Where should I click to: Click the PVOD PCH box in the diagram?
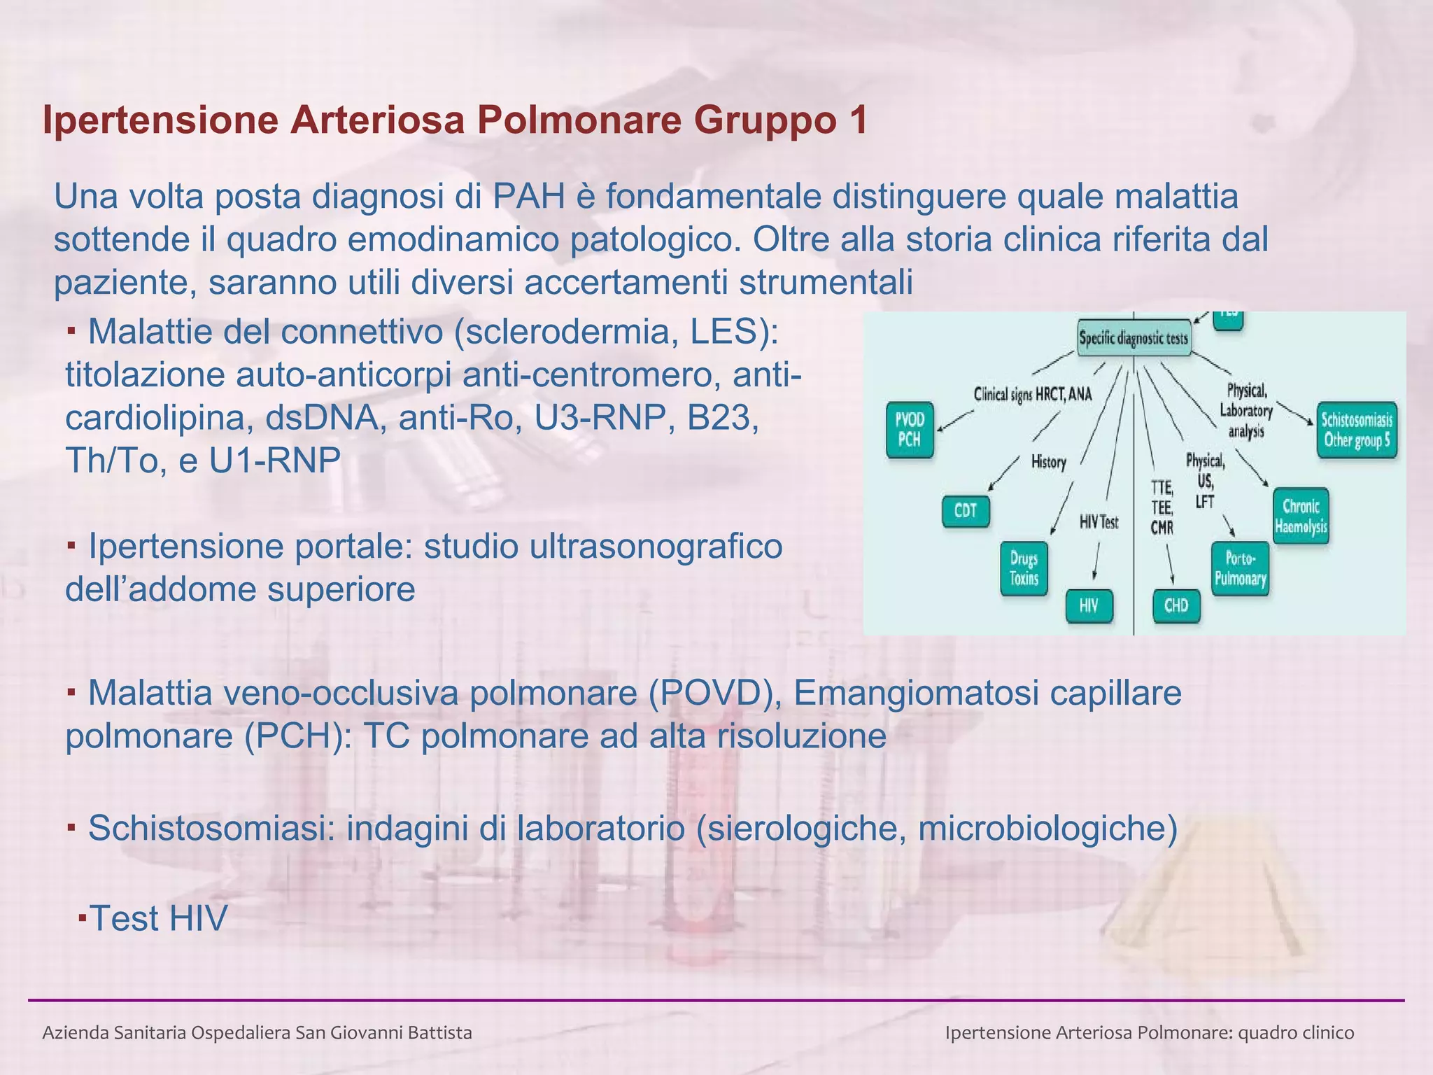point(910,430)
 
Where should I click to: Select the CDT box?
point(966,511)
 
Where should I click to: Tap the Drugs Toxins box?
point(1024,568)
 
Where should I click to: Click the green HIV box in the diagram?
point(1089,605)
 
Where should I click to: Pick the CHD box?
point(1176,605)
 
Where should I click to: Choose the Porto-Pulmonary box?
point(1240,568)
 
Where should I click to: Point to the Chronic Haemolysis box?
point(1301,516)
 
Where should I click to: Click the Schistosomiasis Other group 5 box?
point(1356,430)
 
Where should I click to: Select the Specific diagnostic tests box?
point(1134,339)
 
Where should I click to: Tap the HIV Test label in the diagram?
point(1099,522)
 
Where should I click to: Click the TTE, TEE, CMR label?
point(1162,507)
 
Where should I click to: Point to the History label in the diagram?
point(1048,462)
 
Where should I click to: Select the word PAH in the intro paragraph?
point(528,197)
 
